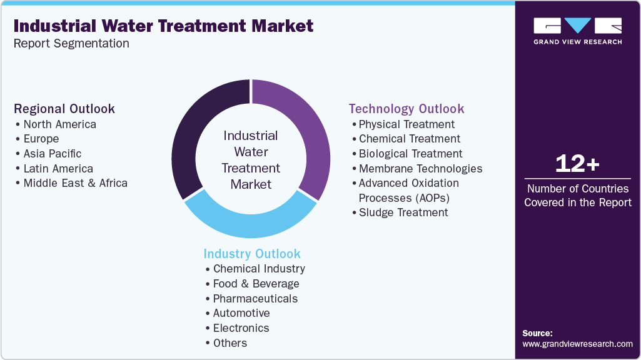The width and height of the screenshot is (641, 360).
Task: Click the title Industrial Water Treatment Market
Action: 163,26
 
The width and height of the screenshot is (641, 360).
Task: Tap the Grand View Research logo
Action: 577,31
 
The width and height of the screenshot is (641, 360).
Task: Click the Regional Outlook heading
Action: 64,109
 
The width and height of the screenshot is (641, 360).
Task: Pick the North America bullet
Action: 59,124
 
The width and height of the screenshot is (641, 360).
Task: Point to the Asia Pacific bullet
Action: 53,154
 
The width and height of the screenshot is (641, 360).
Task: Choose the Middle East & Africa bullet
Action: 75,183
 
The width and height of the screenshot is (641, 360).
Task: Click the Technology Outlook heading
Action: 406,109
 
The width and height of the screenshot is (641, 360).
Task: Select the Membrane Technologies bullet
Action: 420,169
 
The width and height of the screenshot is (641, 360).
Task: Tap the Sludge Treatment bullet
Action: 403,212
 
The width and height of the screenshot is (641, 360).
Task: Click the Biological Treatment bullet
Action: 410,154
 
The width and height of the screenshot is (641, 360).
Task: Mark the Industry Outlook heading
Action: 252,254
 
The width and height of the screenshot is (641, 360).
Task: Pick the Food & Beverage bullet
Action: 256,284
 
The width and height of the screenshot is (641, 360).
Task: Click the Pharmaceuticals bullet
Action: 255,299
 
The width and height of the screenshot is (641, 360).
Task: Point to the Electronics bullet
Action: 241,328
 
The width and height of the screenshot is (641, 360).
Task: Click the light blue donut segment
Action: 250,221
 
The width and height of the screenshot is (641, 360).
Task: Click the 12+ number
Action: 577,164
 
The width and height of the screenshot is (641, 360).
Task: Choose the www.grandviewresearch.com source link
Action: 577,344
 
